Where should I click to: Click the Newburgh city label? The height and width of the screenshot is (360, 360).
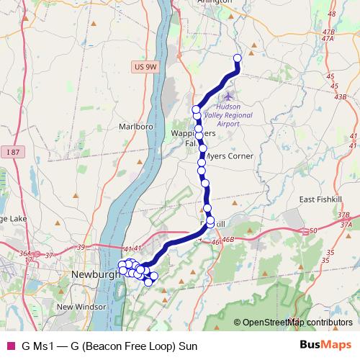[x=94, y=274]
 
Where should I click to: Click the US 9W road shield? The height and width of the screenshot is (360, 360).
[x=145, y=66]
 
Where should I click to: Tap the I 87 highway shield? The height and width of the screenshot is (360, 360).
[x=11, y=151]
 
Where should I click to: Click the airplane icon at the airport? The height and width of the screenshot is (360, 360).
[x=229, y=95]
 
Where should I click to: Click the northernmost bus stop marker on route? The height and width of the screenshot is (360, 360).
[x=237, y=58]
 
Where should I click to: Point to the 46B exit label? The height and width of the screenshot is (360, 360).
[x=228, y=238]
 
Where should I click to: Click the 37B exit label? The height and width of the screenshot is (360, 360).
[x=343, y=215]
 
